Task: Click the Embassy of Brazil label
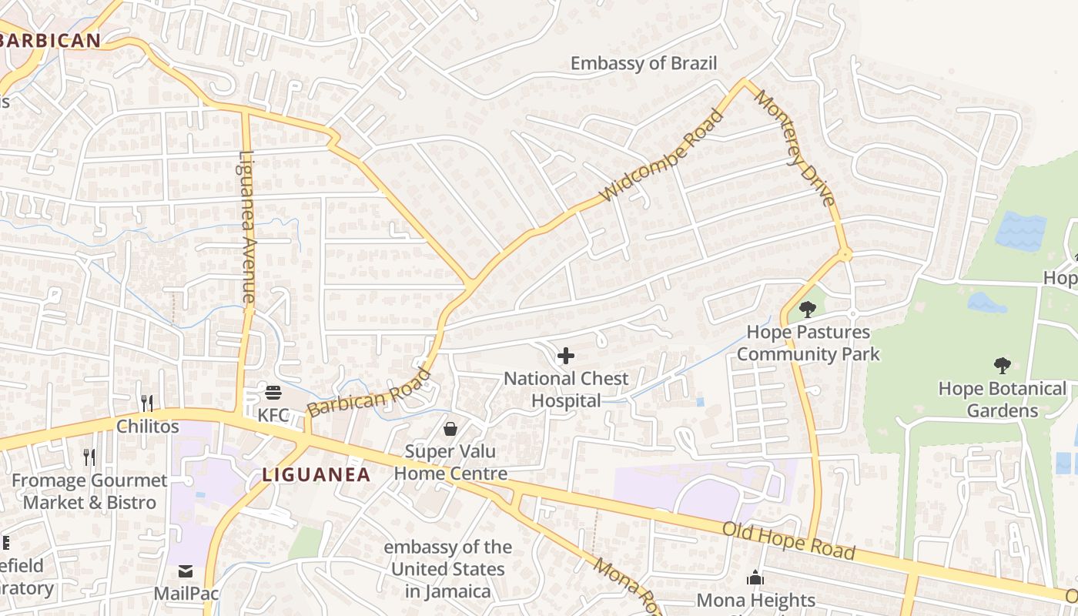pos(643,63)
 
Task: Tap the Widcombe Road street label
pos(662,156)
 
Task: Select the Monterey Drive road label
pos(795,148)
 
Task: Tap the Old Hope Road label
pos(788,541)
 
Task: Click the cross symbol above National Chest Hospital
pos(566,356)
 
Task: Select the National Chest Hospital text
pos(566,390)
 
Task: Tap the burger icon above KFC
pos(273,393)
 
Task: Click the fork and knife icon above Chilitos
pos(147,403)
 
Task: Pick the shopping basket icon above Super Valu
pos(450,428)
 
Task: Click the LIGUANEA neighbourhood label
pos(316,475)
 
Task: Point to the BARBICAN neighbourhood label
pos(51,41)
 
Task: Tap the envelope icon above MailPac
pos(186,571)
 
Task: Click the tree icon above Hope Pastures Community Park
pos(807,310)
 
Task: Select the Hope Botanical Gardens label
pos(1003,400)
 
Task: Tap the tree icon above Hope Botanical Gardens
pos(1002,365)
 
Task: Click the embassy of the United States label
pos(447,569)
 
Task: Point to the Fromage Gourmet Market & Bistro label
pos(89,491)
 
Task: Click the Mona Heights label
pos(755,599)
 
